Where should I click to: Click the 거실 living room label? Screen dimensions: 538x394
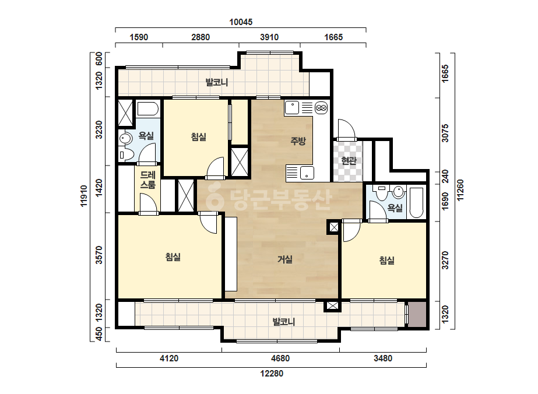pyautogui.click(x=285, y=259)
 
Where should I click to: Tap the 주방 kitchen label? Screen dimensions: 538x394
pyautogui.click(x=298, y=140)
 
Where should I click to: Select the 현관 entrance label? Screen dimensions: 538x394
pyautogui.click(x=349, y=160)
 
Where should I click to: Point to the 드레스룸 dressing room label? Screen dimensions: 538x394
pyautogui.click(x=148, y=180)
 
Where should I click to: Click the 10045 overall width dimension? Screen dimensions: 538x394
pyautogui.click(x=241, y=22)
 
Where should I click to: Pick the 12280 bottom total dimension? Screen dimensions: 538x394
pyautogui.click(x=272, y=374)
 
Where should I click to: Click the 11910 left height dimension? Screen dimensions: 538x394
pyautogui.click(x=84, y=196)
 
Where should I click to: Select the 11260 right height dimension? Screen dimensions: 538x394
pyautogui.click(x=460, y=190)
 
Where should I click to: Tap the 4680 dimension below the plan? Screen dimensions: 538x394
pyautogui.click(x=280, y=358)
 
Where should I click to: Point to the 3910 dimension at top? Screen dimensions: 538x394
pyautogui.click(x=269, y=37)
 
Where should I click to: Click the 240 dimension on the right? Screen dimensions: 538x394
pyautogui.click(x=445, y=177)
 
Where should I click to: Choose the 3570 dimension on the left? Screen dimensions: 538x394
pyautogui.click(x=99, y=255)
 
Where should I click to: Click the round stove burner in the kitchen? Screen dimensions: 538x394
pyautogui.click(x=321, y=108)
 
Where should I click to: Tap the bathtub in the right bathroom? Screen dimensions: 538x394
pyautogui.click(x=417, y=202)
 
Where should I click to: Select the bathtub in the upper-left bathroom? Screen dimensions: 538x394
pyautogui.click(x=148, y=109)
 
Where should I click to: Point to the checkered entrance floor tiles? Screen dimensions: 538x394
pyautogui.click(x=348, y=161)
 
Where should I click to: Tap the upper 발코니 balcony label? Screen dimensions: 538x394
pyautogui.click(x=216, y=82)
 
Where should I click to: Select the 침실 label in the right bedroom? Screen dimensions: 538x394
pyautogui.click(x=386, y=261)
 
